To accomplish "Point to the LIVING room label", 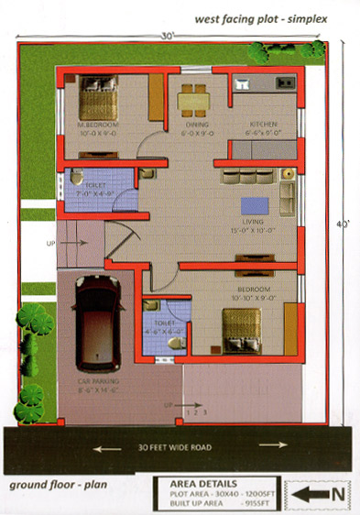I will coord(254,223).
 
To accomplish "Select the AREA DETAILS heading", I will coord(203,482).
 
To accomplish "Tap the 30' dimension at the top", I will coord(169,37).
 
